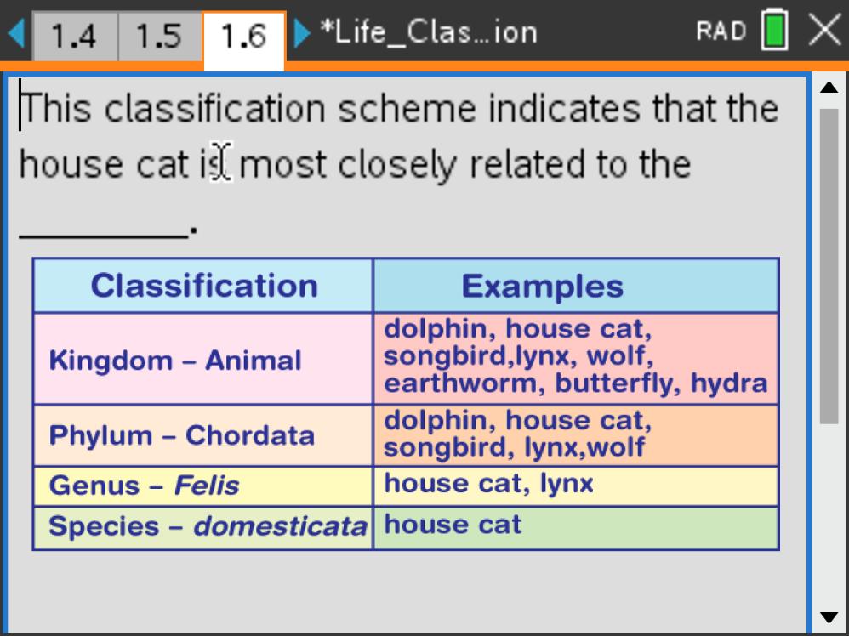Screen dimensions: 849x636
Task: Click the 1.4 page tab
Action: [75, 37]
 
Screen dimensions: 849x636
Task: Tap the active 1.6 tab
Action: [243, 38]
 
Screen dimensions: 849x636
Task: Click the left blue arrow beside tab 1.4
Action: [16, 33]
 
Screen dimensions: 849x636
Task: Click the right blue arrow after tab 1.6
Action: [302, 33]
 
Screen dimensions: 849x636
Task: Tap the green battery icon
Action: [775, 30]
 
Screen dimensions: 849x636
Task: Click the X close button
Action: [824, 30]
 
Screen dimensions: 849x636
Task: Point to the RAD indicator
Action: [721, 31]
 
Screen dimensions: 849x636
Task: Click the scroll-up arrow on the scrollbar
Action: [829, 88]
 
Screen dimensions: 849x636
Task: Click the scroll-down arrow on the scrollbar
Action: [829, 617]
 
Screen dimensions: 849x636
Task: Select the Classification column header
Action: [203, 285]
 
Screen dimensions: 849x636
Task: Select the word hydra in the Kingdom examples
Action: [729, 383]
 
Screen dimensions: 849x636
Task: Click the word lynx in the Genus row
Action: [567, 483]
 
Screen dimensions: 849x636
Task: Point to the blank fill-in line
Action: [104, 236]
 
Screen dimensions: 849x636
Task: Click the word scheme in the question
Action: [407, 109]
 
